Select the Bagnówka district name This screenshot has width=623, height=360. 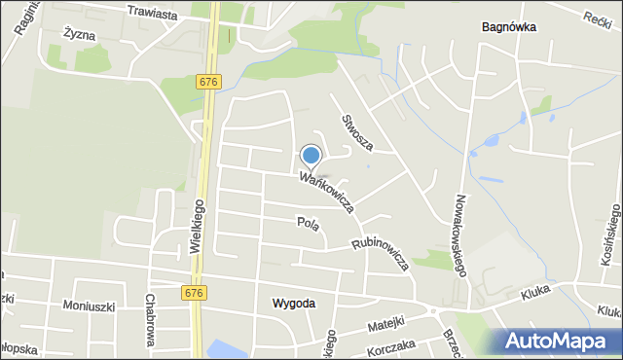pos(509,27)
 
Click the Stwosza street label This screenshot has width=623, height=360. pos(356,132)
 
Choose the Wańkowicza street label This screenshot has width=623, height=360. pos(326,192)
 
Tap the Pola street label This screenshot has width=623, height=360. pos(308,222)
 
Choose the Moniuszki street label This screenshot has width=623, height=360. pos(89,306)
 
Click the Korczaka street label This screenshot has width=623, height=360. pos(391,345)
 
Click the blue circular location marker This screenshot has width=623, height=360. pos(311,155)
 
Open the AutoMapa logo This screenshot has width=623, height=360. pos(559,341)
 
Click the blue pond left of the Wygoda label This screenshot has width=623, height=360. pos(225,348)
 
